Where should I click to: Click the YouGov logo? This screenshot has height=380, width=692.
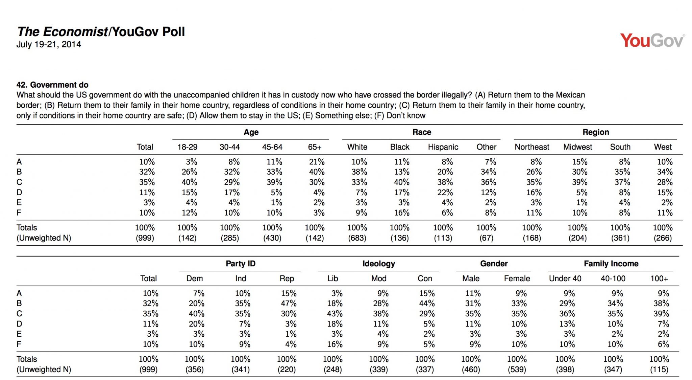pos(652,41)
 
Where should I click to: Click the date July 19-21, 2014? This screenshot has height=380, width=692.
pos(49,44)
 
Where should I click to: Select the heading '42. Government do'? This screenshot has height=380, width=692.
pos(52,85)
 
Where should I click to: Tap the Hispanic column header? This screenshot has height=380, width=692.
pos(443,147)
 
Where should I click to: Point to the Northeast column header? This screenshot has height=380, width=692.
pos(532,147)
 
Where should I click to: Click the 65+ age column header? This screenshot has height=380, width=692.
pos(315,147)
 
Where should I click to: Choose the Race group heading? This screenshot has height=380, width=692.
pos(422,132)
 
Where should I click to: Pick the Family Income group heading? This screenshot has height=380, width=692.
pos(611,264)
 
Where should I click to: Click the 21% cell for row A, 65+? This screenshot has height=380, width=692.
pos(317,162)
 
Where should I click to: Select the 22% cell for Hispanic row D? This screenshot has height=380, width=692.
pos(445,192)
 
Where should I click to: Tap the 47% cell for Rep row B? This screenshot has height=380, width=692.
pos(289,303)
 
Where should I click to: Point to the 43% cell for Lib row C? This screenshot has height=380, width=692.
pos(335,313)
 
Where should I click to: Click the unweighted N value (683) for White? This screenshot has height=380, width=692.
pos(357,238)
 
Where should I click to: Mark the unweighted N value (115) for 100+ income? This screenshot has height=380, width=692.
pos(659,370)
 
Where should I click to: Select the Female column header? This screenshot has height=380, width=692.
pos(517,278)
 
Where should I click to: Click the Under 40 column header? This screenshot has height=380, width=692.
pos(565,278)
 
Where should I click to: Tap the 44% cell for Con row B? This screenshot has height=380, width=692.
pos(427,303)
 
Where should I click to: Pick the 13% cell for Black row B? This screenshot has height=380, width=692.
pos(402,172)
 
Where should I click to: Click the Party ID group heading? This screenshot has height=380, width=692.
pos(241,264)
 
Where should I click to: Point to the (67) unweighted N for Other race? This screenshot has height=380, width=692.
pos(486,238)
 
